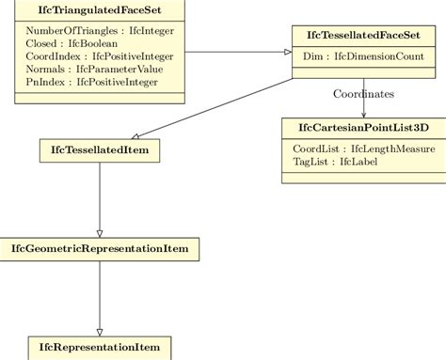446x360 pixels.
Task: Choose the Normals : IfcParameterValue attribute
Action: coord(81,70)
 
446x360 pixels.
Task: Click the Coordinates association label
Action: coord(363,94)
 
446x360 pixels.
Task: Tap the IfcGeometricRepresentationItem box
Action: coord(99,249)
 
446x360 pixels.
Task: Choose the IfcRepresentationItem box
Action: coord(99,347)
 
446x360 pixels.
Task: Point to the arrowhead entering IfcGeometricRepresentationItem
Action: coord(99,234)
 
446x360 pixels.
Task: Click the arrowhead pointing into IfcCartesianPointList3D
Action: coord(364,114)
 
